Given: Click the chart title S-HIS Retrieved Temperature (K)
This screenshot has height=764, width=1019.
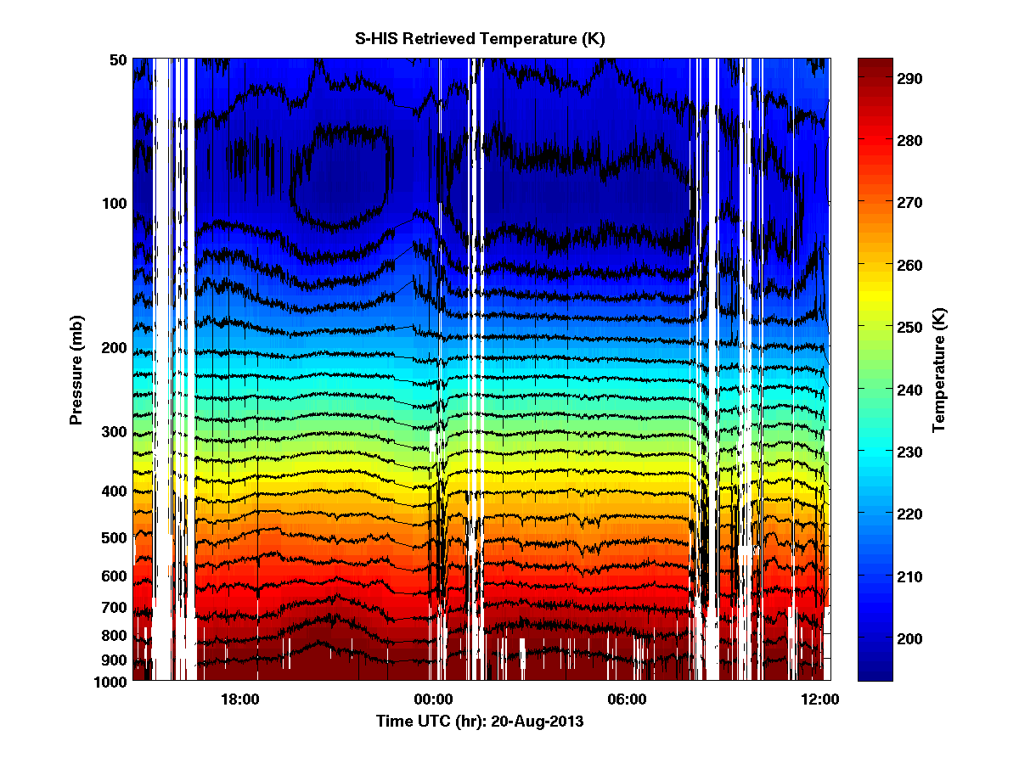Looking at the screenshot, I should pyautogui.click(x=480, y=39).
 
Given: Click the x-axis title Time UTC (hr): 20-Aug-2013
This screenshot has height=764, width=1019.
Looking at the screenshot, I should pyautogui.click(x=480, y=722).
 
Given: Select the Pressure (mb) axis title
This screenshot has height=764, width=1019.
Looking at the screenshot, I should pyautogui.click(x=76, y=368).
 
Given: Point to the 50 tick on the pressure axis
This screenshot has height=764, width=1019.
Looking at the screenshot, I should pyautogui.click(x=118, y=59).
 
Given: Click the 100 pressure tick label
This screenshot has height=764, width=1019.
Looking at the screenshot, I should pyautogui.click(x=114, y=204).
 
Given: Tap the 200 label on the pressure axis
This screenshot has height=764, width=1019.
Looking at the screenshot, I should pyautogui.click(x=114, y=348).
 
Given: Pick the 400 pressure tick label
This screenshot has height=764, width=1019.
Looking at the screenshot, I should pyautogui.click(x=114, y=492).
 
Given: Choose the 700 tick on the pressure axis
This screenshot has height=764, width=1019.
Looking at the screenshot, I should pyautogui.click(x=114, y=608).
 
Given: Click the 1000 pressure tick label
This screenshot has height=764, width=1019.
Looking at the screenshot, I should pyautogui.click(x=110, y=682).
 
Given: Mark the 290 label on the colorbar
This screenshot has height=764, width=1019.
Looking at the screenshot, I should pyautogui.click(x=910, y=78).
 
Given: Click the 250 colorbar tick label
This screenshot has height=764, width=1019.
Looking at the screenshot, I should pyautogui.click(x=910, y=326).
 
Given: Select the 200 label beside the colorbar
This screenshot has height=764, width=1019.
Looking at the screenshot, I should pyautogui.click(x=910, y=638).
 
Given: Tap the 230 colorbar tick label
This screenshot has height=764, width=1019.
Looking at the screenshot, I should pyautogui.click(x=910, y=452).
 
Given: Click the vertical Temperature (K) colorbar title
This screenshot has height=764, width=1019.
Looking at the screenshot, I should pyautogui.click(x=939, y=369).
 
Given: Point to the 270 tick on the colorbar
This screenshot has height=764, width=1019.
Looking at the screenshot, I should pyautogui.click(x=910, y=203).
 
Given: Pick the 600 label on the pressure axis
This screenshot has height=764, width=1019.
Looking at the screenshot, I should pyautogui.click(x=114, y=576).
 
